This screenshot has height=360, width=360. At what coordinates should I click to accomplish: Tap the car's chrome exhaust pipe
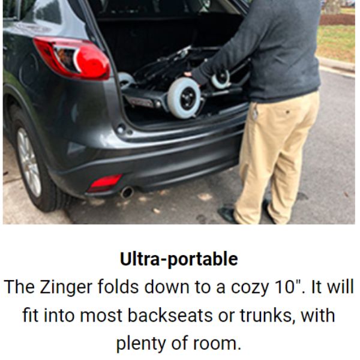coord(127,193)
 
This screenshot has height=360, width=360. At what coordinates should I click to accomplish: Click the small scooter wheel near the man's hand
coord(221,79)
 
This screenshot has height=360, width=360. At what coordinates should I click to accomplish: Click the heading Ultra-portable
coord(179,259)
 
